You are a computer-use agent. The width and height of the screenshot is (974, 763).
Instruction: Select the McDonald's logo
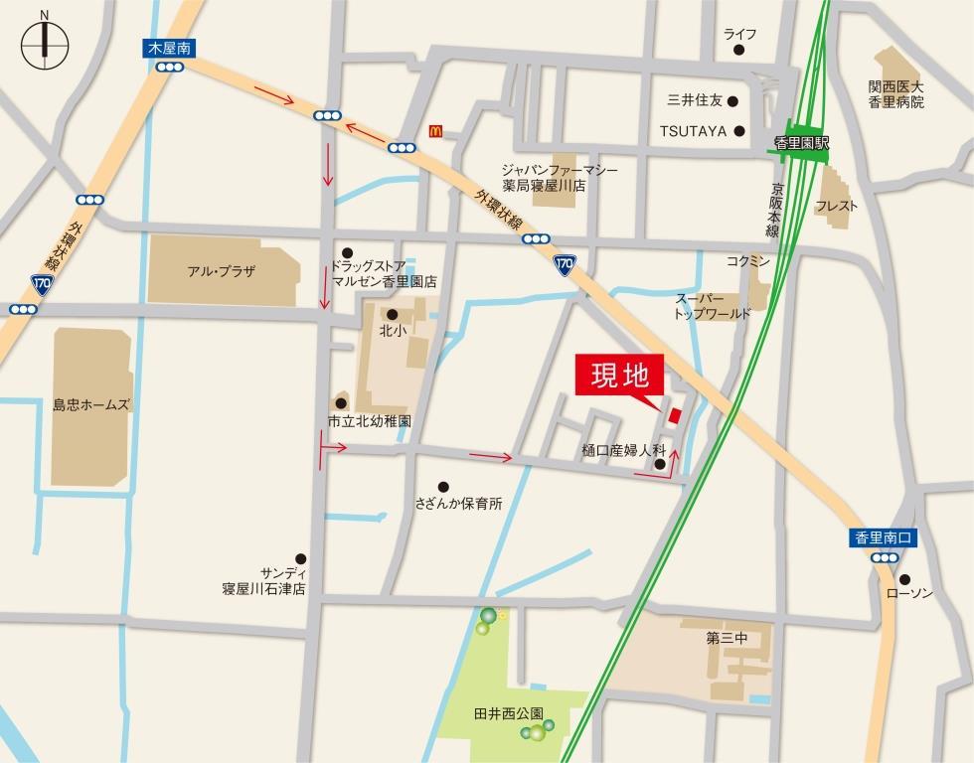[x=433, y=131]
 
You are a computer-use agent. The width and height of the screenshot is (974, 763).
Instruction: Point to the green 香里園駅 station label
[x=803, y=144]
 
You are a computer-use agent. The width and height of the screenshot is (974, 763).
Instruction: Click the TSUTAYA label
[x=694, y=130]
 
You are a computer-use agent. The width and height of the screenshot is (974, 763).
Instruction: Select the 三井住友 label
[x=694, y=100]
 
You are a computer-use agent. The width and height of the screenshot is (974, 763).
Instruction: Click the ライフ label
[x=739, y=35]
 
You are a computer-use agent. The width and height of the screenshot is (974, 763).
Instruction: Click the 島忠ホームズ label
[x=91, y=405]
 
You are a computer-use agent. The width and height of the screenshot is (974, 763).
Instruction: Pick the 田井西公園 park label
[x=509, y=712]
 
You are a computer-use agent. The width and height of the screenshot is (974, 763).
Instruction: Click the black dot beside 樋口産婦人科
[x=660, y=463]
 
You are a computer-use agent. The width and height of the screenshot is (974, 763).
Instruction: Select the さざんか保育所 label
[x=459, y=504]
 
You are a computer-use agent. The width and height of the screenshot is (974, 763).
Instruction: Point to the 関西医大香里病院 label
[x=895, y=94]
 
